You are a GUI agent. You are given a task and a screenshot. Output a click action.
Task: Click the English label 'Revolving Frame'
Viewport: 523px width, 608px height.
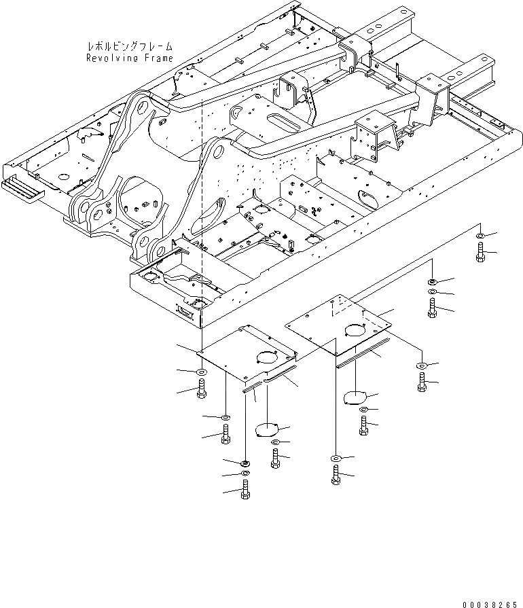click(130, 58)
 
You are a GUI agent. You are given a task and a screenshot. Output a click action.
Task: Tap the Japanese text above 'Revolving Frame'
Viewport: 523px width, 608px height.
click(130, 47)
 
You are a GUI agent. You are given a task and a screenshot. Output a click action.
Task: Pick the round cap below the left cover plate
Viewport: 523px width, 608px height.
click(267, 430)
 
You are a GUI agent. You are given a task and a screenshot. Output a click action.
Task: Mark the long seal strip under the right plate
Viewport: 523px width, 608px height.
click(363, 352)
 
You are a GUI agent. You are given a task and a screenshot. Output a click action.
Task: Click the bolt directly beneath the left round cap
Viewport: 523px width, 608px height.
click(275, 460)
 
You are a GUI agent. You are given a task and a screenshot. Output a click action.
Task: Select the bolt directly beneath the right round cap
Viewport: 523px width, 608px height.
click(365, 427)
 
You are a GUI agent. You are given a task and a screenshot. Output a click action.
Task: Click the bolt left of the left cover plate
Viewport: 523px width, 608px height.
click(202, 391)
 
